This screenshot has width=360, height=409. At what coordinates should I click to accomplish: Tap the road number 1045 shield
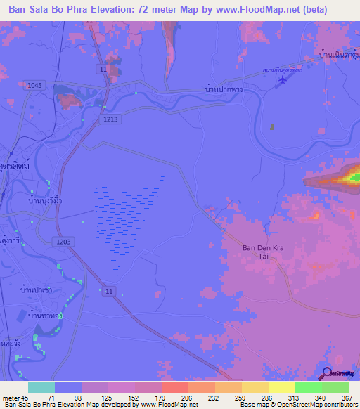pos(34,85)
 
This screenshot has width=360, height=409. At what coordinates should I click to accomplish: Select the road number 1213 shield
pos(110,119)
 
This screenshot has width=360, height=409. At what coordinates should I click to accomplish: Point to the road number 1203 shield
pos(63,241)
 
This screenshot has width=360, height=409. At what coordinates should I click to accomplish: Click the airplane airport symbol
pos(283,82)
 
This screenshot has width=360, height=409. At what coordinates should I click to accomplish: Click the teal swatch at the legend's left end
pos(41,387)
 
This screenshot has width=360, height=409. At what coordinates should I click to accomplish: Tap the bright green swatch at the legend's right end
pos(335,387)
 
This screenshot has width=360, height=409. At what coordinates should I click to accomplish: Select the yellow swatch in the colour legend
pos(281,387)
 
